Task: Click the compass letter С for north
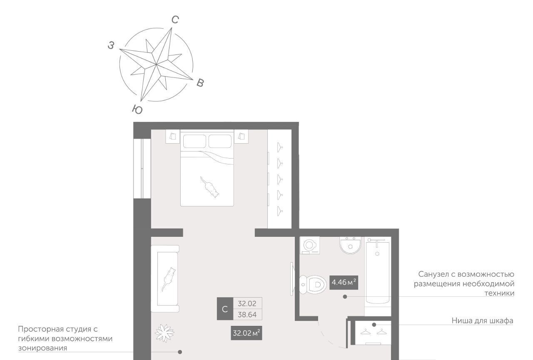(175, 20)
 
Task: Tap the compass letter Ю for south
(137, 109)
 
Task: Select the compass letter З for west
(111, 45)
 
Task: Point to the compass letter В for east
(200, 83)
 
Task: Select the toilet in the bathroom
(313, 284)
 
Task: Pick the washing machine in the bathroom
(309, 246)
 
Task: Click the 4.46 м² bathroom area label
(344, 283)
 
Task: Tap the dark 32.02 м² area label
(246, 333)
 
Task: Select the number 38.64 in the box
(247, 315)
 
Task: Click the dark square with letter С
(225, 309)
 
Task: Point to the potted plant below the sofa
(164, 333)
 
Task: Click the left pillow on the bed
(194, 141)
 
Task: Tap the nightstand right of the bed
(241, 136)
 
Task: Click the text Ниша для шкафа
(482, 321)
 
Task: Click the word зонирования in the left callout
(42, 348)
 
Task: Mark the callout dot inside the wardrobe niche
(374, 325)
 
